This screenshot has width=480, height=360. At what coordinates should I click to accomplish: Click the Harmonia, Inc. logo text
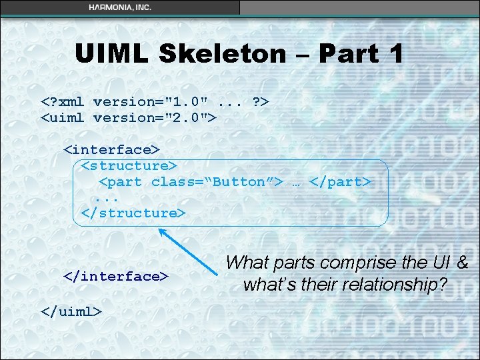(120, 7)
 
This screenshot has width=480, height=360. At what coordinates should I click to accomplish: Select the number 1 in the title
(394, 53)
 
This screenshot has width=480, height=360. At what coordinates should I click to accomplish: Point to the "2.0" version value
(189, 118)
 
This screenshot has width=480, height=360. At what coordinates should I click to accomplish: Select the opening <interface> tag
(111, 150)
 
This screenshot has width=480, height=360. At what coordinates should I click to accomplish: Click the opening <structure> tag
(129, 165)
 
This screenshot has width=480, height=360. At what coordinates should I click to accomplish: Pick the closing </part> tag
(340, 182)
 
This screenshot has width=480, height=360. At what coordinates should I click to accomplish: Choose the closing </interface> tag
(115, 276)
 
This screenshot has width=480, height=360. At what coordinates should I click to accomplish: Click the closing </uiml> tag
(71, 311)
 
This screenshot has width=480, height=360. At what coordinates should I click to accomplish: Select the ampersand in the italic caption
(461, 263)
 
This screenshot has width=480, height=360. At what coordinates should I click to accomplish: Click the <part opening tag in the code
(120, 182)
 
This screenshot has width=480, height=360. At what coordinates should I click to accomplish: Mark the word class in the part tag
(172, 182)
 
